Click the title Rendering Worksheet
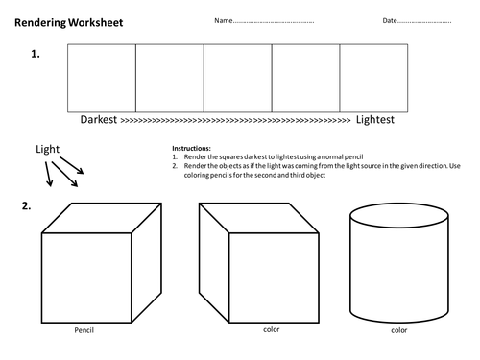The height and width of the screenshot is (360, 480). [69, 23]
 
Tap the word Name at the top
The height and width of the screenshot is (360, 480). [224, 20]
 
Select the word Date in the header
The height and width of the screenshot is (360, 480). [390, 20]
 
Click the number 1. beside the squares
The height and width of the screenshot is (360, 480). [36, 54]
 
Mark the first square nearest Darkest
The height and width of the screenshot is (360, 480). [102, 78]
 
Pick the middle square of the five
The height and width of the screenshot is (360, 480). [238, 78]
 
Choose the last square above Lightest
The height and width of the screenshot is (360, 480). [373, 78]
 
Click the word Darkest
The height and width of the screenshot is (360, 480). [99, 119]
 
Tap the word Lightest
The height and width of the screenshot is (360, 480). [375, 119]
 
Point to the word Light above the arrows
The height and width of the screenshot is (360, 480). [47, 149]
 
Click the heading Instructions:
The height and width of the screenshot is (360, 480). [191, 148]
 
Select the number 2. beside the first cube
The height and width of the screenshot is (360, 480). [26, 205]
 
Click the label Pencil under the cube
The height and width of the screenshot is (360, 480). [84, 330]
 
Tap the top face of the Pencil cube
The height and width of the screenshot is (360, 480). [102, 218]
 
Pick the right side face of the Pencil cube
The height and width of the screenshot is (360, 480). [147, 263]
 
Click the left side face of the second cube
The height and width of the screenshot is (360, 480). [214, 263]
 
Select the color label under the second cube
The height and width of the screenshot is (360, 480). [272, 329]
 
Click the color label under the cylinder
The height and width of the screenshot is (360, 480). [399, 330]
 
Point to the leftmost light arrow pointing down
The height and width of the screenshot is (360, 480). [49, 174]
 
